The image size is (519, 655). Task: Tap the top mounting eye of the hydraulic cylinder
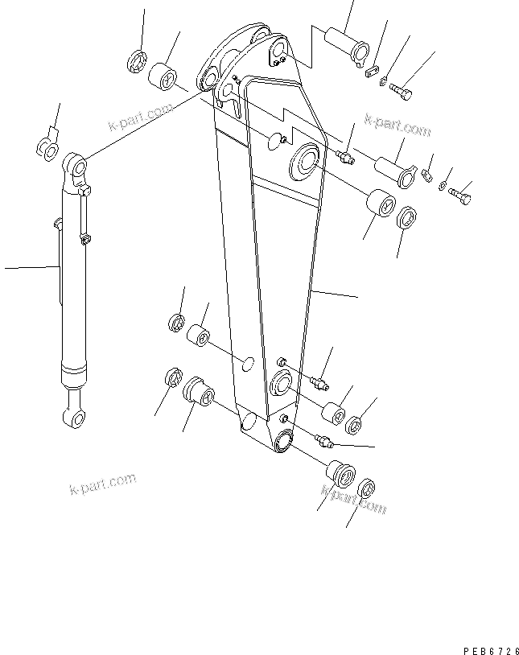pyautogui.click(x=74, y=167)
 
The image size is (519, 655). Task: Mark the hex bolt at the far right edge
pyautogui.click(x=461, y=195)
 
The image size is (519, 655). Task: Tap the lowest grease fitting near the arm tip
pyautogui.click(x=325, y=439)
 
